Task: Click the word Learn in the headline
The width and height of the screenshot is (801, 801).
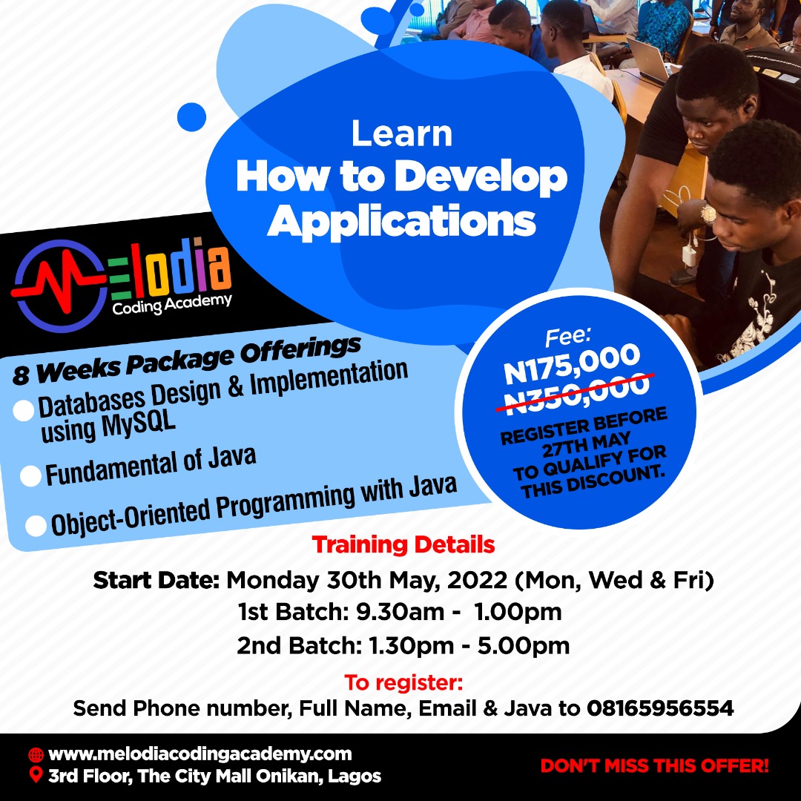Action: point(401,133)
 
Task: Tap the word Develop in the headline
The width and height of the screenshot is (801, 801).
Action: point(481,178)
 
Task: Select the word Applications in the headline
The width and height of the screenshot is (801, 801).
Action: point(401,220)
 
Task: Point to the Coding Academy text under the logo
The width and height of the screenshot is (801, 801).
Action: point(172,303)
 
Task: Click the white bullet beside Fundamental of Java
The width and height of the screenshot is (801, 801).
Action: point(30,476)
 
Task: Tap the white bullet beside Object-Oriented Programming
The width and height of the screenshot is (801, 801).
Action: point(36,526)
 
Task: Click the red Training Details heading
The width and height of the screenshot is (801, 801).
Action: point(403,545)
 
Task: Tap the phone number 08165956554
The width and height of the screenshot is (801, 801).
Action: point(660,708)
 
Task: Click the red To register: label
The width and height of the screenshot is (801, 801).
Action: point(403,682)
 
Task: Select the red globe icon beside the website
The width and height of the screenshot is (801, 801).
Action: point(36,755)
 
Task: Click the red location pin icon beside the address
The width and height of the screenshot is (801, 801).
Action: point(36,776)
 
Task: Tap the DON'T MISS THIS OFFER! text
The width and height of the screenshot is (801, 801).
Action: point(654,765)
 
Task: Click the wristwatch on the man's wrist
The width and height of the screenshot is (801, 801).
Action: point(708,214)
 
